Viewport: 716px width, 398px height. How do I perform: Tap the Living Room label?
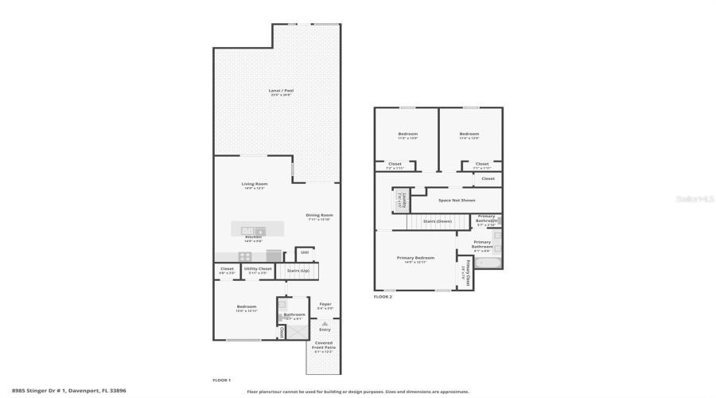coord(255,184)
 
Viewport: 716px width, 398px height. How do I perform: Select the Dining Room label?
coord(319,215)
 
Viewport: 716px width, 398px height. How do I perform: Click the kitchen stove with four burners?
coord(246,256)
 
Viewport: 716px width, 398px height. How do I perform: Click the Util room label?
coord(305,252)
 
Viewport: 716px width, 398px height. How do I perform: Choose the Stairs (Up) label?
coord(299,271)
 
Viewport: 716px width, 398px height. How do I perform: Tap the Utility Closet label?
coord(258,269)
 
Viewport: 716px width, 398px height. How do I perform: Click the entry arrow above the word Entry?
coord(325,323)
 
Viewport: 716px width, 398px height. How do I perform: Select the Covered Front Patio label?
coord(324,345)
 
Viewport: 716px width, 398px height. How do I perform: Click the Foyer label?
coord(325,304)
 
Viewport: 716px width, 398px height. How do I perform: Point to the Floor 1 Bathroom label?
coord(294,314)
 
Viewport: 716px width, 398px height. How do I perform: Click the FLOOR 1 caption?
coord(221,380)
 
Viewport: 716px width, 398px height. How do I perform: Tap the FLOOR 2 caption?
coord(383,297)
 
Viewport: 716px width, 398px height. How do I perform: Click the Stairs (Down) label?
coord(437,221)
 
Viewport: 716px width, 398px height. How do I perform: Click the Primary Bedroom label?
coord(415,258)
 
